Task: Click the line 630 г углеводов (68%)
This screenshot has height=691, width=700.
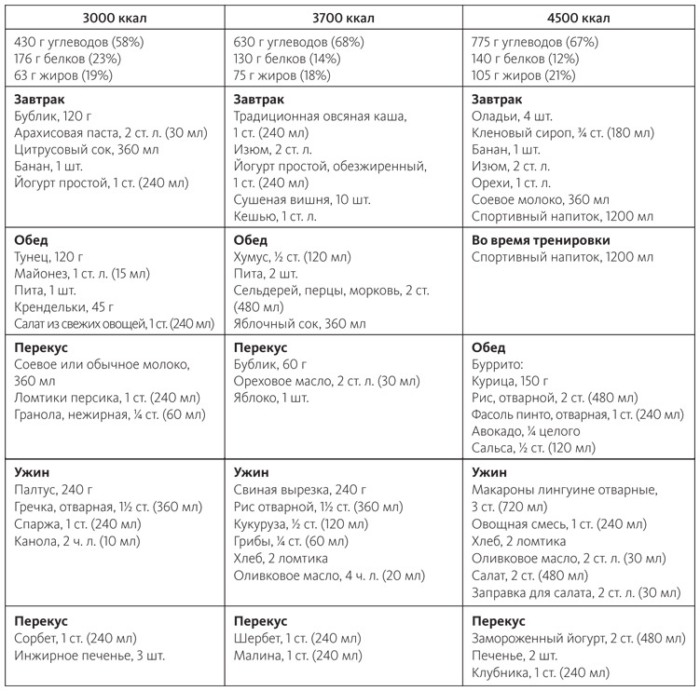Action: (x=302, y=42)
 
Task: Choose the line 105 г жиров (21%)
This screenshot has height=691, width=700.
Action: (x=527, y=74)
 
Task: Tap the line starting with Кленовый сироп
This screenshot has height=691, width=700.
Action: (x=563, y=133)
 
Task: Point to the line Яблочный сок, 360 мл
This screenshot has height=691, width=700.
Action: (x=299, y=323)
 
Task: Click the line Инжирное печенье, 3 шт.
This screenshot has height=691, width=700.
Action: (x=90, y=656)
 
